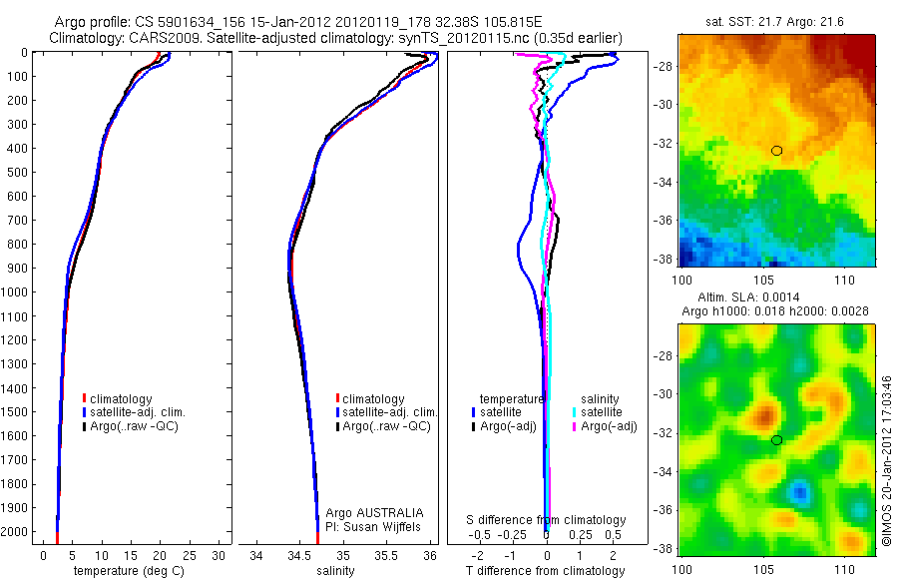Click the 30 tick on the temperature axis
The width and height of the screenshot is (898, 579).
click(220, 555)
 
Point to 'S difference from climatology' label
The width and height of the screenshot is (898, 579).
click(547, 520)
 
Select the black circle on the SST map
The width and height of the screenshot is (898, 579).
click(777, 151)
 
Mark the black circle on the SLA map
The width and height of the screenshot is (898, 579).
click(777, 440)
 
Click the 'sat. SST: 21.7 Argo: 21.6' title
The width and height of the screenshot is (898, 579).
click(777, 20)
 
